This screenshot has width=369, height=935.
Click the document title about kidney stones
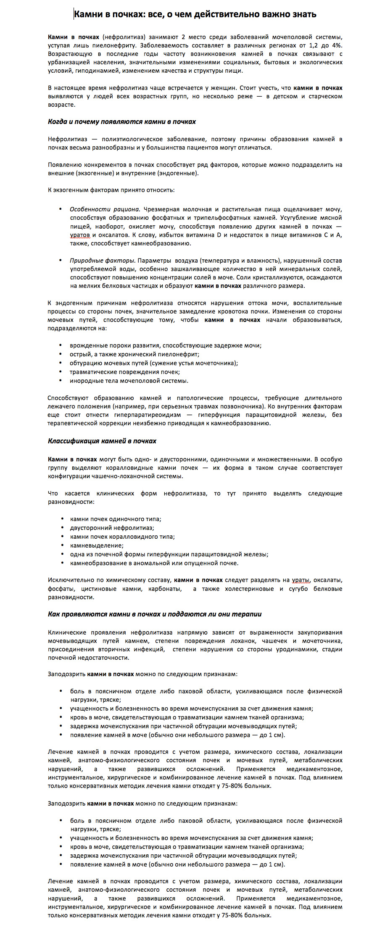[x=195, y=15]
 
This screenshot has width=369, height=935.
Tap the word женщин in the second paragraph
[x=222, y=88]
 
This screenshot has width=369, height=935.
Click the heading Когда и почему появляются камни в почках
[x=122, y=122]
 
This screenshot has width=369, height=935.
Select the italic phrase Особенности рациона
[x=105, y=209]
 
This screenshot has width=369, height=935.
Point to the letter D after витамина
[x=219, y=235]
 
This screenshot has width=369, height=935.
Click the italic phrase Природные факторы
[x=103, y=261]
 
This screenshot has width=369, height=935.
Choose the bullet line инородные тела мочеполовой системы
[x=129, y=381]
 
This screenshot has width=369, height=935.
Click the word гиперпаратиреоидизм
[x=148, y=415]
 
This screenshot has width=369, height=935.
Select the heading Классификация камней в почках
[x=102, y=441]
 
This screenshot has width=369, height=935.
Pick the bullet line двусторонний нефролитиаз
[x=112, y=528]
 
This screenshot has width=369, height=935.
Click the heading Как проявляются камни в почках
[x=155, y=614]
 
